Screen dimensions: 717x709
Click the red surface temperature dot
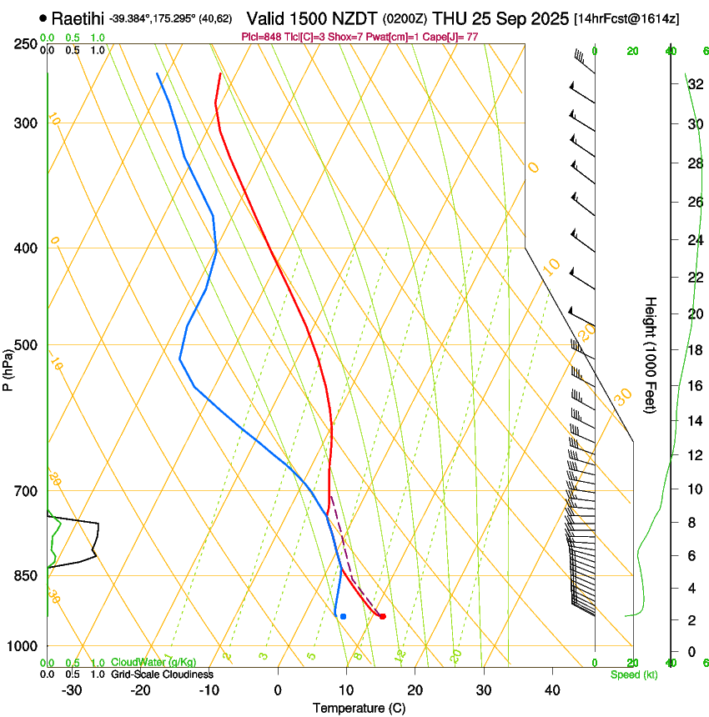click(x=382, y=616)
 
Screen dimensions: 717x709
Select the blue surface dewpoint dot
click(x=343, y=616)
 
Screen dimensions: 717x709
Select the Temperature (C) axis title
click(x=359, y=708)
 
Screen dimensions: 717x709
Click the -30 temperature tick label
click(x=72, y=690)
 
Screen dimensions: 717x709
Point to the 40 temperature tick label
click(x=551, y=690)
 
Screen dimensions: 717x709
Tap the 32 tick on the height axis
click(x=695, y=84)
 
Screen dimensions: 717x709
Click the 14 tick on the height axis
click(x=695, y=421)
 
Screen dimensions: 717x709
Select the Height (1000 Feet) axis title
click(x=651, y=354)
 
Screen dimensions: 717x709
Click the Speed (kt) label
click(x=633, y=674)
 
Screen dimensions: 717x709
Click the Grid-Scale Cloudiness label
click(x=162, y=674)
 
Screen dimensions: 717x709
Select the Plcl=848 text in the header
click(x=262, y=37)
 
